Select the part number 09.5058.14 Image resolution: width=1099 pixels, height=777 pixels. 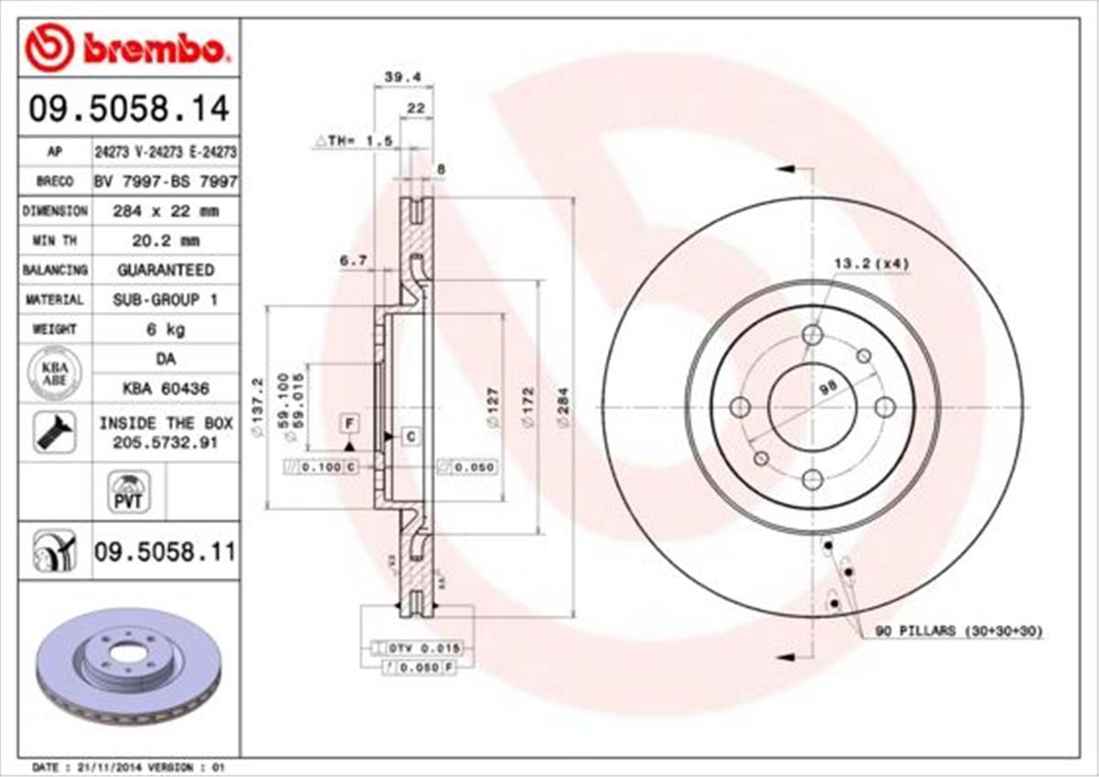pos(128,110)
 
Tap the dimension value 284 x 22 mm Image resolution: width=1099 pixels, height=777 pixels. pos(165,211)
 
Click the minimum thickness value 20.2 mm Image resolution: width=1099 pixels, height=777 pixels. pos(165,241)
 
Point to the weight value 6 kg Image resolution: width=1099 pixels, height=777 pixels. pos(165,329)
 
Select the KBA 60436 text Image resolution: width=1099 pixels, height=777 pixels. pos(165,388)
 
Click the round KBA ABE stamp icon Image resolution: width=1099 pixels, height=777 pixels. pos(55,373)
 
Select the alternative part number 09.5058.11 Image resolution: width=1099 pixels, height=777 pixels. pos(165,552)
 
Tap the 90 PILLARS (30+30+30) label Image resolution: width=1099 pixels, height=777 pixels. pos(958,631)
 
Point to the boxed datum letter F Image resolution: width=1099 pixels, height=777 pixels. pos(349,422)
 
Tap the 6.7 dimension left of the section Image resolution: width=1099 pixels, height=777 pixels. pos(354,261)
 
